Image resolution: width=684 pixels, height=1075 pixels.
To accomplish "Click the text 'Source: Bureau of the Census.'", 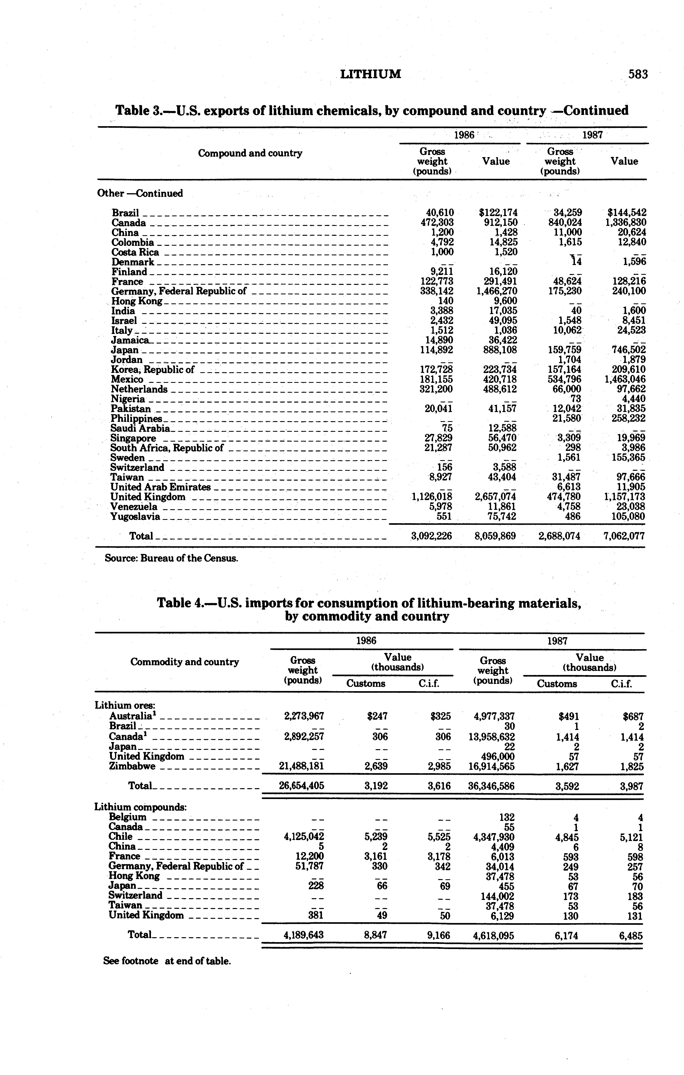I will (171, 558).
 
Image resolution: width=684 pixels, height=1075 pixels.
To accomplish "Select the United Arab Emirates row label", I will (160, 487).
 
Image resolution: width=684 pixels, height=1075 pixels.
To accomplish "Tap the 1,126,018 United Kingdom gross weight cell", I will (432, 497).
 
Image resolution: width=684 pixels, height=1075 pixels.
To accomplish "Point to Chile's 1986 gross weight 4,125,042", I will (304, 837).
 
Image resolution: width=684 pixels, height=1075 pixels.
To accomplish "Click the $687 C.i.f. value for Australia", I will (633, 717).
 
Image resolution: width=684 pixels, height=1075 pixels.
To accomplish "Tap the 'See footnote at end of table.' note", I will (167, 961).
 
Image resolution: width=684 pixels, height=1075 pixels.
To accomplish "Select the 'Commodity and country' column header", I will (184, 662).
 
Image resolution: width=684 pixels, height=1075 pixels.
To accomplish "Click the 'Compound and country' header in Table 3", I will (250, 154).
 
